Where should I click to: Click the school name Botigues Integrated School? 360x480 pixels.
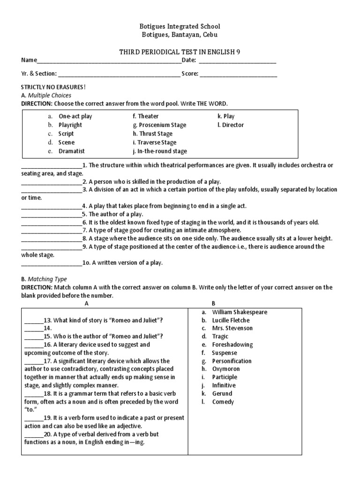(180, 26)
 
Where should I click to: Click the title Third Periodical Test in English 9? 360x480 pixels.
(180, 52)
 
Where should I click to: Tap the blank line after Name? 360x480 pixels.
(108, 61)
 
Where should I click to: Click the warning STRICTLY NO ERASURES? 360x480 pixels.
(53, 87)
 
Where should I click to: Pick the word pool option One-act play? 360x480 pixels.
(75, 116)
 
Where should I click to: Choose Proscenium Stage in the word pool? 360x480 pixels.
(159, 125)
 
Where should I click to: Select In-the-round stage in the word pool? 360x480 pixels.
(159, 151)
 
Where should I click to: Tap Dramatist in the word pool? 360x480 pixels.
(72, 151)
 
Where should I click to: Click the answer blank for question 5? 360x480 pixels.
(52, 214)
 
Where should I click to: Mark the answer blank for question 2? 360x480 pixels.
(52, 181)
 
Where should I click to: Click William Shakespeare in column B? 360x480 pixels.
(240, 312)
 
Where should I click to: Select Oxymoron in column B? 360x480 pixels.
(225, 369)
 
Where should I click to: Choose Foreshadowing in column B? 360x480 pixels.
(232, 345)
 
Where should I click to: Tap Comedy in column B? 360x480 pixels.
(223, 402)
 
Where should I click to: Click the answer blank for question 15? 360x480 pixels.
(33, 337)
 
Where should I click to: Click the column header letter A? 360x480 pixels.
(86, 303)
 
